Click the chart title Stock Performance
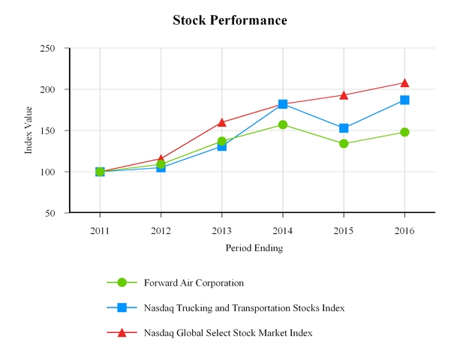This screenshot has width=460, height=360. [230, 20]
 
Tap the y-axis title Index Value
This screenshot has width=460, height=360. [29, 130]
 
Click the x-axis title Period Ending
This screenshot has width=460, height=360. [254, 247]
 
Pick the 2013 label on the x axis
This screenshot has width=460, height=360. [221, 229]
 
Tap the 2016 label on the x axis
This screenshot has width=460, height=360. [404, 229]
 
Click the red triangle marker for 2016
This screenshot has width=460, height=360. [404, 82]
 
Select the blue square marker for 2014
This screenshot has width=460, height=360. [283, 104]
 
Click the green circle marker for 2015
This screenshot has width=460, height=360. [344, 143]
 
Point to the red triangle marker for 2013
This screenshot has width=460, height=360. [222, 121]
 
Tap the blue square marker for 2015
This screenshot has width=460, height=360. [344, 128]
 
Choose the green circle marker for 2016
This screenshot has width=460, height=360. [404, 132]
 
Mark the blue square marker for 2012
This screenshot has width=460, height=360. [161, 167]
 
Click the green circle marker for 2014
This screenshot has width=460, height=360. [283, 124]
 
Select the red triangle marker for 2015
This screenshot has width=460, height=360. [344, 94]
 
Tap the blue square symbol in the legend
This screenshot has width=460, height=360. [122, 307]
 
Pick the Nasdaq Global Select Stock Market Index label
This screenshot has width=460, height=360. [227, 331]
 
